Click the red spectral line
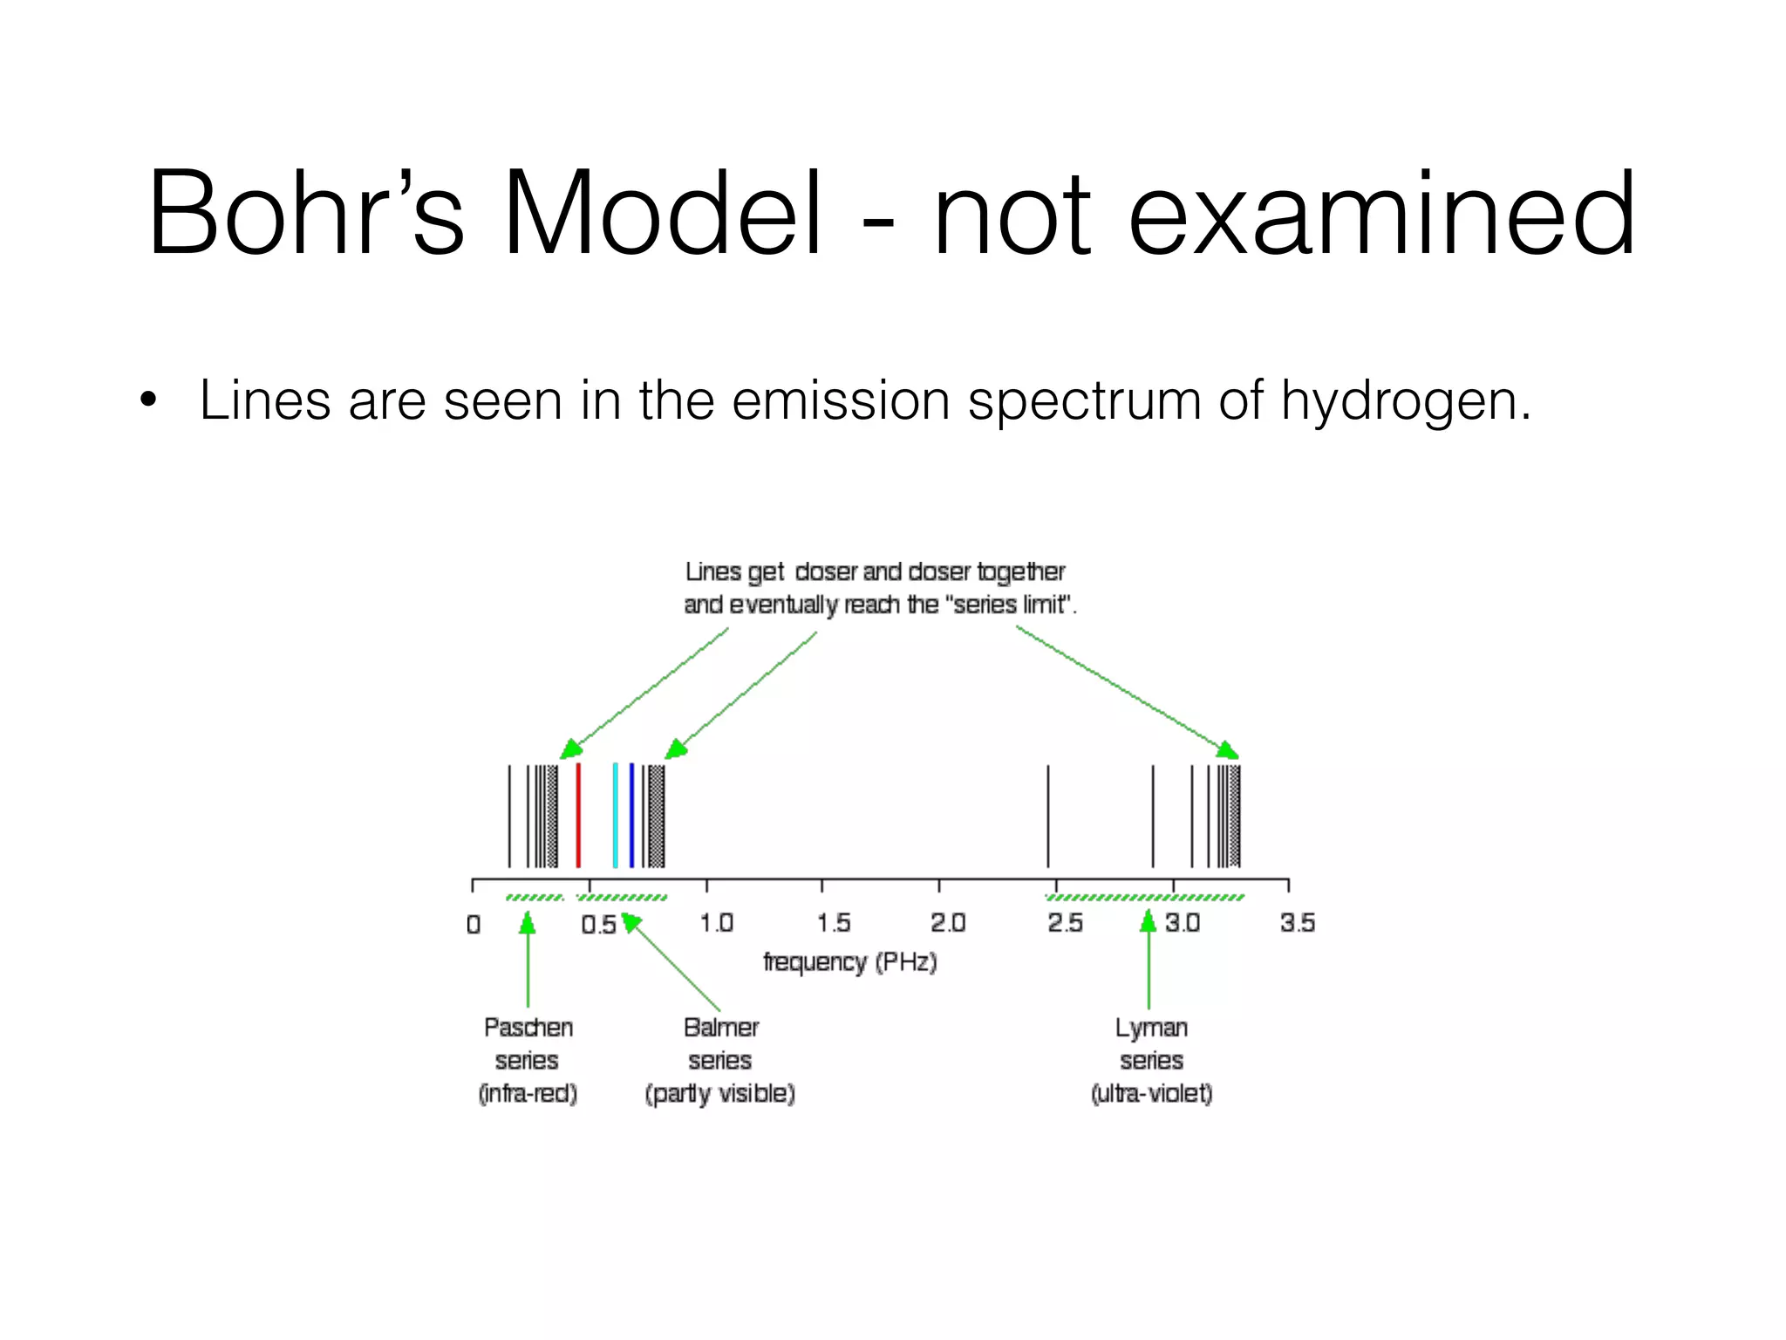pos(578,815)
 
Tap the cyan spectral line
pos(615,815)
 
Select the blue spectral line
pos(631,815)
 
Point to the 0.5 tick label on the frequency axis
pos(598,924)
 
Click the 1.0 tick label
pos(716,923)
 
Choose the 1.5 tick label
pos(833,923)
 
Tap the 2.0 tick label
pos(948,923)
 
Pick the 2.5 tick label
pos(1065,923)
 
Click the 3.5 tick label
pos(1297,923)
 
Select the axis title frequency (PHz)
pos(849,962)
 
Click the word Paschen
pos(528,1028)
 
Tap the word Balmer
pos(720,1028)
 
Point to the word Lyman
pos(1151,1029)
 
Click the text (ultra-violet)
pos(1151,1093)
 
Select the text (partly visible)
pos(719,1093)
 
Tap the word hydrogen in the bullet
pos(1404,401)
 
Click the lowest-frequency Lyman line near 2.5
pos(1048,815)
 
